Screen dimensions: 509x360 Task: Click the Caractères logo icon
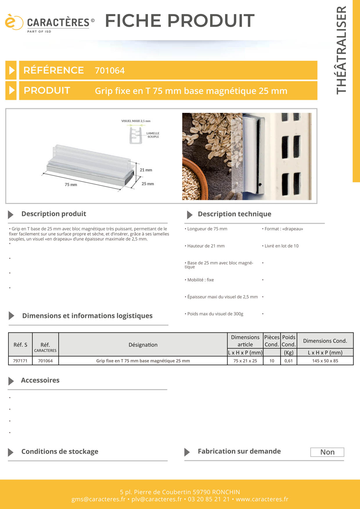tap(13, 22)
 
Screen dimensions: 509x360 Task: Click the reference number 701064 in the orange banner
tap(109, 71)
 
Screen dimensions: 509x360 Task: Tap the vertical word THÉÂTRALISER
tap(341, 50)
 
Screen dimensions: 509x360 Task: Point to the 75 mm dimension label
tap(71, 185)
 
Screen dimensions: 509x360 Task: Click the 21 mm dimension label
tap(146, 170)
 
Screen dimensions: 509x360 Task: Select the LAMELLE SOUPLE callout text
tap(153, 135)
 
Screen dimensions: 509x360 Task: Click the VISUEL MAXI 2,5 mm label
tap(136, 121)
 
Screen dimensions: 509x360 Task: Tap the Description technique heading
tap(234, 214)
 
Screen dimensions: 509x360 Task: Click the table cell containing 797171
tap(20, 361)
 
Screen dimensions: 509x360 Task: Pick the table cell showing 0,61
tap(289, 361)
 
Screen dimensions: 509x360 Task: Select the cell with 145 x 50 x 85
tap(325, 361)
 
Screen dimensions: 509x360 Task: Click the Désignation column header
tap(143, 345)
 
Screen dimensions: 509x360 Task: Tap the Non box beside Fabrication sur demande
tap(327, 452)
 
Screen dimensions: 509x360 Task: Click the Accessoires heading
tap(40, 380)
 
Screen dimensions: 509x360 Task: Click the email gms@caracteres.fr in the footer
tap(98, 499)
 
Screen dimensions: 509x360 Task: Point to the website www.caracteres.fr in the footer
tap(262, 499)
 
